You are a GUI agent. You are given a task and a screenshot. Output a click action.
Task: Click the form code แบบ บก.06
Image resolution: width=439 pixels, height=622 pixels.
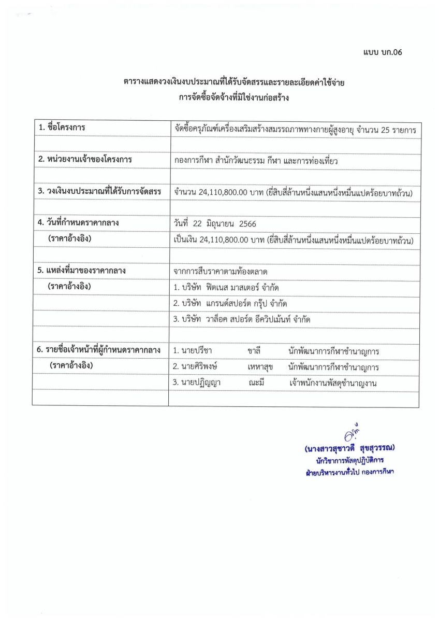[383, 52]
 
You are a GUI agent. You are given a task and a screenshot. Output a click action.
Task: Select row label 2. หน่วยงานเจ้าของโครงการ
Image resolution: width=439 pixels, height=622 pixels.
[85, 160]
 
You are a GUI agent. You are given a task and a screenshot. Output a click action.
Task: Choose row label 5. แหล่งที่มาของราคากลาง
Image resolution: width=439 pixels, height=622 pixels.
[82, 271]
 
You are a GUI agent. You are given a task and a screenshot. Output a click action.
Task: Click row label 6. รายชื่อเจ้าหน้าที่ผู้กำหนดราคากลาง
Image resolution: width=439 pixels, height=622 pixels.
[98, 350]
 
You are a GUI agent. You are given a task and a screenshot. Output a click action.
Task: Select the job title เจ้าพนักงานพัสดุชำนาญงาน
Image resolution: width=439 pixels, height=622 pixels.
[333, 383]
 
